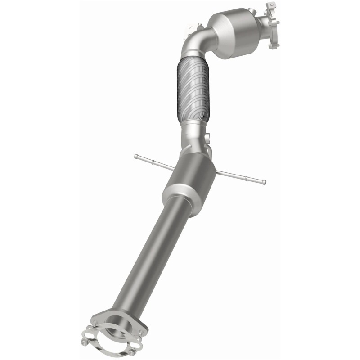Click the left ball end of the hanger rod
136,156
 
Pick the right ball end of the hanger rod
264,183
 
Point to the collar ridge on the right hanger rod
246,179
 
